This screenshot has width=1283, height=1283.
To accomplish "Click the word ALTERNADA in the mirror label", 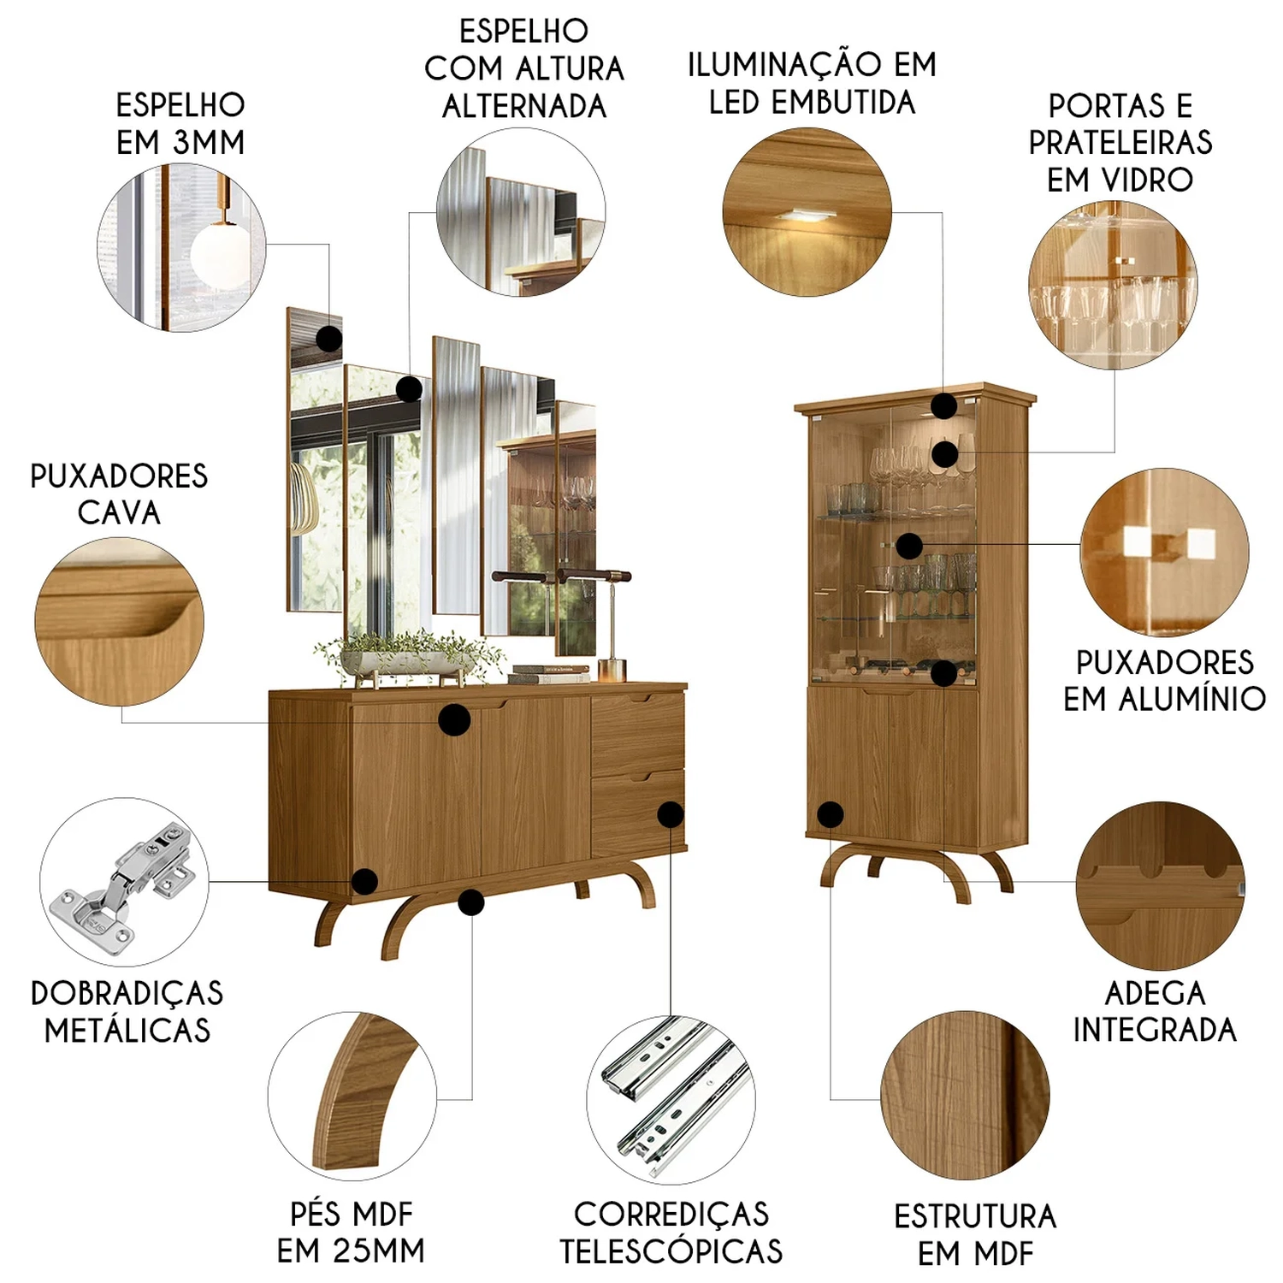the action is click(x=524, y=106).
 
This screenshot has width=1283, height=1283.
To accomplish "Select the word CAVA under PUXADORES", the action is click(x=119, y=512).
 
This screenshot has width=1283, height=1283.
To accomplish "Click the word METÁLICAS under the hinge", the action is click(x=127, y=1030).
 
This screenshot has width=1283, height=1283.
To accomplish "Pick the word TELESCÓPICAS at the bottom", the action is click(x=671, y=1250).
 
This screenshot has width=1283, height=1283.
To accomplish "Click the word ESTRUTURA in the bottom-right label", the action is click(x=975, y=1216).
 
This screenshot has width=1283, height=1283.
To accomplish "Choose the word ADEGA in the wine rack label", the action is click(x=1155, y=993).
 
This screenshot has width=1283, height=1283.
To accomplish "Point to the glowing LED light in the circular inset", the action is click(x=807, y=216).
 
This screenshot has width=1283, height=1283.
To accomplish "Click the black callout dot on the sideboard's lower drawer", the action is click(x=671, y=814).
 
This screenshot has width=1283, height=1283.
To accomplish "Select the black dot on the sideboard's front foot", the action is click(x=471, y=902).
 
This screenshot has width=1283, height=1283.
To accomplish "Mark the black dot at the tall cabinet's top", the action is click(x=943, y=406).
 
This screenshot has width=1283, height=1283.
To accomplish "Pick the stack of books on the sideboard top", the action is click(x=550, y=675).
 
